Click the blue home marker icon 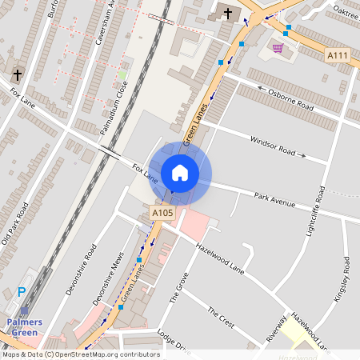[180, 173]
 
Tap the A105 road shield [162, 213]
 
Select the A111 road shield [338, 54]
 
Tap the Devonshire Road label [80, 268]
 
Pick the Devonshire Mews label [102, 279]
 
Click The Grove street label [179, 287]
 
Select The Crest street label [221, 318]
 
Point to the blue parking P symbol [22, 293]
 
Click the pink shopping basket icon [278, 48]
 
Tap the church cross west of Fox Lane [17, 75]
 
